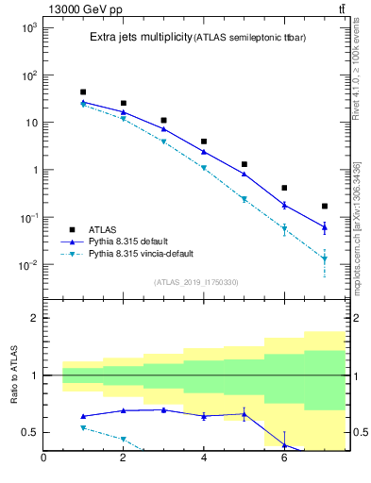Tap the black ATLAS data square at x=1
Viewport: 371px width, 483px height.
84,92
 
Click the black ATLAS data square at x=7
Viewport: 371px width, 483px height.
325,206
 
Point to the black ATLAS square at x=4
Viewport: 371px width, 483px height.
204,142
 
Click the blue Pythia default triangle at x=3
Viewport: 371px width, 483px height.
164,129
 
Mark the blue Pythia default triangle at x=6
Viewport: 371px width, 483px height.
284,205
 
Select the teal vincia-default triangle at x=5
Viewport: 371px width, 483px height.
245,199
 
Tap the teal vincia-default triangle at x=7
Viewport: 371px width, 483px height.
325,258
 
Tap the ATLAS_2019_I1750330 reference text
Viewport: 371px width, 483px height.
195,283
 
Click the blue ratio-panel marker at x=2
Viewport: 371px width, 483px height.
124,410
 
